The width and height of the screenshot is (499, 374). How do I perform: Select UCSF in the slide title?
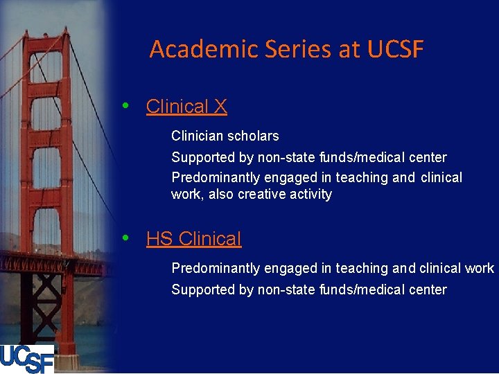395,50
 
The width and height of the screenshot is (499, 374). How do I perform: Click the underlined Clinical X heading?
186,107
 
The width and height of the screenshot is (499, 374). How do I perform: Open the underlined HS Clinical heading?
193,239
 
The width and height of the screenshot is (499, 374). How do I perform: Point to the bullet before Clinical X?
125,107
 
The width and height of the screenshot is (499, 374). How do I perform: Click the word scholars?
254,136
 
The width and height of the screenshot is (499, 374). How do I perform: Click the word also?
221,195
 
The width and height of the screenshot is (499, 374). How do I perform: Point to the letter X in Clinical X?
220,107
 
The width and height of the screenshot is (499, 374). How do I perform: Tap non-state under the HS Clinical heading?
286,290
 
